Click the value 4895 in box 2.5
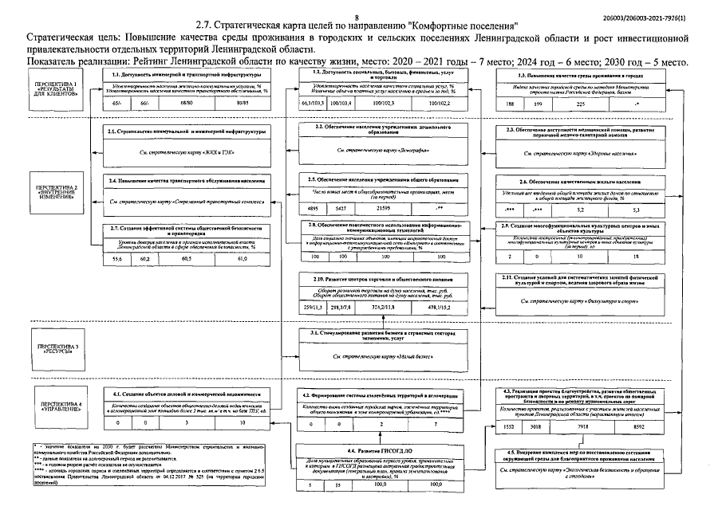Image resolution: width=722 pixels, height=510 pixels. point(312,207)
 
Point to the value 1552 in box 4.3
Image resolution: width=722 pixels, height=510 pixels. point(511,426)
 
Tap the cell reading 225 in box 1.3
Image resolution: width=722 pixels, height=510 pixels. point(580,104)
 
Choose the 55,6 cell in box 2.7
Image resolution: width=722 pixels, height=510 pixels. point(117,258)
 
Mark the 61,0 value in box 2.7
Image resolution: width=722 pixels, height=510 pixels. point(243,258)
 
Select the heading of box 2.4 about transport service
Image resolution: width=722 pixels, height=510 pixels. point(186,182)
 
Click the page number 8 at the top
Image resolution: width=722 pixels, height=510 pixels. point(357,16)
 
